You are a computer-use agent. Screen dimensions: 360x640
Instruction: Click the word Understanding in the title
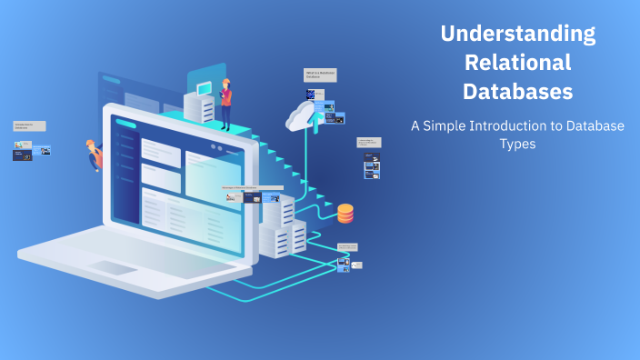coord(517,35)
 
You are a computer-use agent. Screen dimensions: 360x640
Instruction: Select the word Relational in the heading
coord(517,63)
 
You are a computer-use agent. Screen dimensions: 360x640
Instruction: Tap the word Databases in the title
coord(517,92)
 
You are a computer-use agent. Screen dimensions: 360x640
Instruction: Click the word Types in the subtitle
coord(517,145)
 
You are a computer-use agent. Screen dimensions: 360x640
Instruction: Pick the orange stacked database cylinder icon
coord(345,214)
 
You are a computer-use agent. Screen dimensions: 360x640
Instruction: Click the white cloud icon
coord(305,115)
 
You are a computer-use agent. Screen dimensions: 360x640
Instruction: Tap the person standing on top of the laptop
coord(225,104)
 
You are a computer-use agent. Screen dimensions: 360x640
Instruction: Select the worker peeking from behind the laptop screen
coord(94,154)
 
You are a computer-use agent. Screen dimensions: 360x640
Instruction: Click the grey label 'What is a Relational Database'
coord(315,75)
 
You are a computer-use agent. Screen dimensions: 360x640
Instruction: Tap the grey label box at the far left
coord(29,126)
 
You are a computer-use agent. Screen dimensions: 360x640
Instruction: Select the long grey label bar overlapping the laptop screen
coord(252,188)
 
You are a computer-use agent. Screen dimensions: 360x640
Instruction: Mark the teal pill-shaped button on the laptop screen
coord(125,125)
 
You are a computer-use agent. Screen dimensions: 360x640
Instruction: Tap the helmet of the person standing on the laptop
coord(225,81)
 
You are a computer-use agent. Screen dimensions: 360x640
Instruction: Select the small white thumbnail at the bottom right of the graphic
coord(356,265)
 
